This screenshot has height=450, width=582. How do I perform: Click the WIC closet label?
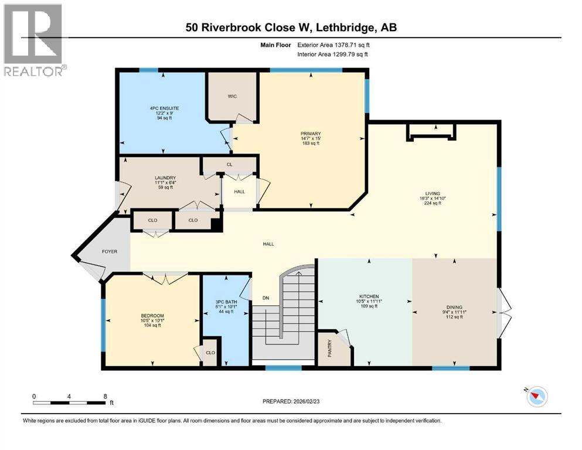[x=233, y=97]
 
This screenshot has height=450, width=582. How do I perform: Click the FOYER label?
[x=110, y=251]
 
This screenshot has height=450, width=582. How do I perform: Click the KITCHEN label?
[x=369, y=296]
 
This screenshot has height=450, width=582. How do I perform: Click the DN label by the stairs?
[x=264, y=298]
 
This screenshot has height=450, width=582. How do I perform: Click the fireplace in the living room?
[x=431, y=133]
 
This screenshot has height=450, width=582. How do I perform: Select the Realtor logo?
[x=33, y=40]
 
